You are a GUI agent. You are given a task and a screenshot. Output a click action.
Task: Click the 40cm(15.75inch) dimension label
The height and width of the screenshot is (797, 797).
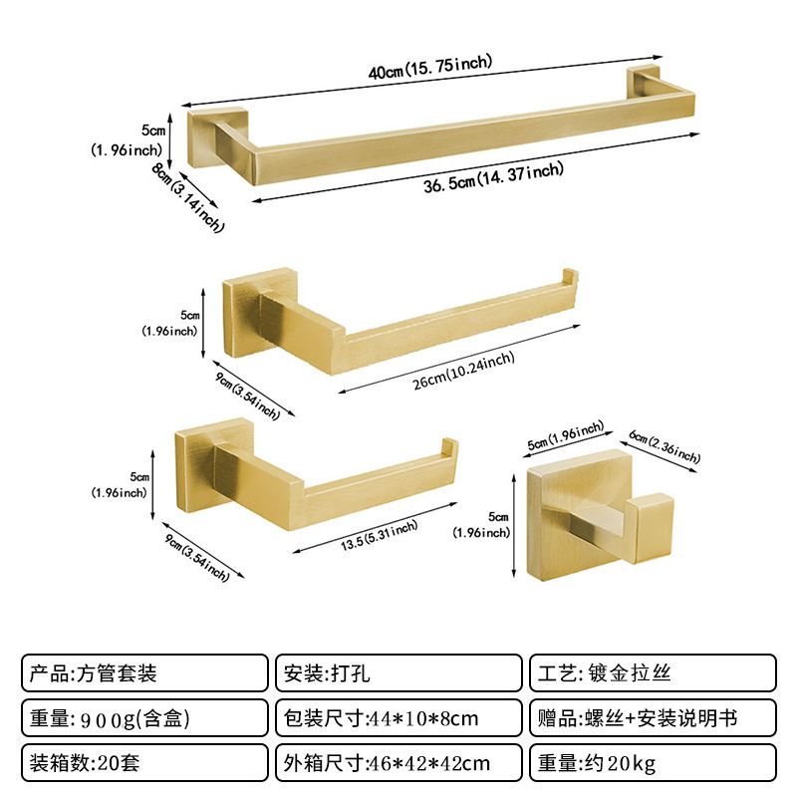point(429,68)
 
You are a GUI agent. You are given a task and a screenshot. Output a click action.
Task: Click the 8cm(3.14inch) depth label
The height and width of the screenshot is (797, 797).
point(188,197)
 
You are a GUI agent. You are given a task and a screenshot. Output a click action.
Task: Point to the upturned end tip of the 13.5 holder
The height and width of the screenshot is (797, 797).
point(449,446)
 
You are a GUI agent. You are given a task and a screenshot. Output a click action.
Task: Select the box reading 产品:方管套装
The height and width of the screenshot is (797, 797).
point(144,672)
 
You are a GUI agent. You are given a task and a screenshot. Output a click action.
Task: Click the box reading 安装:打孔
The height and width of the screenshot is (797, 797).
point(398,672)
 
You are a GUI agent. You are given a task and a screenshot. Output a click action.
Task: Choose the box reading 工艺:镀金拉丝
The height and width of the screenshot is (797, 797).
point(653,672)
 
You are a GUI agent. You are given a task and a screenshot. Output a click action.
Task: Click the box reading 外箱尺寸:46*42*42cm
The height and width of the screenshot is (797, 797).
point(398,763)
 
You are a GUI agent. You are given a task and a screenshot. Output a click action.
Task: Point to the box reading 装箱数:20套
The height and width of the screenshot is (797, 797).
point(144,763)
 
